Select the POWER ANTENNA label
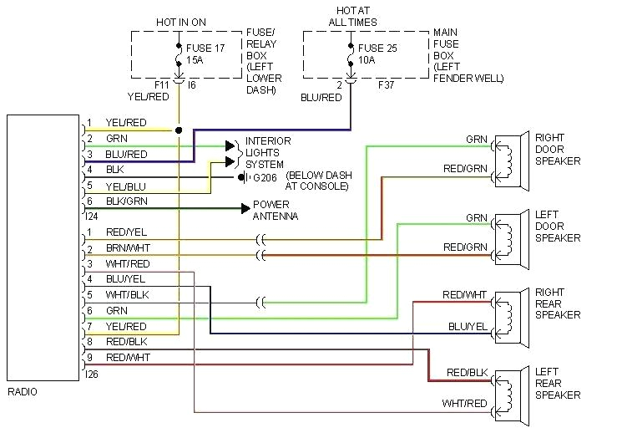[x=276, y=211]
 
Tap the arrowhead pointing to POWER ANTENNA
[x=245, y=207]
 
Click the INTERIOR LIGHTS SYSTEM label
[x=268, y=153]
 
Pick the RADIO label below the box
[x=22, y=391]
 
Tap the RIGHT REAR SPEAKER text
[x=558, y=303]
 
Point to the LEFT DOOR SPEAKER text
[x=558, y=226]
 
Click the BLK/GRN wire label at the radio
[x=125, y=201]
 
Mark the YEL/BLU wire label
[x=125, y=186]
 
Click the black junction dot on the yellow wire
[x=179, y=130]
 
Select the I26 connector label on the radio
[x=92, y=374]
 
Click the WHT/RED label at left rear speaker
[x=463, y=404]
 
